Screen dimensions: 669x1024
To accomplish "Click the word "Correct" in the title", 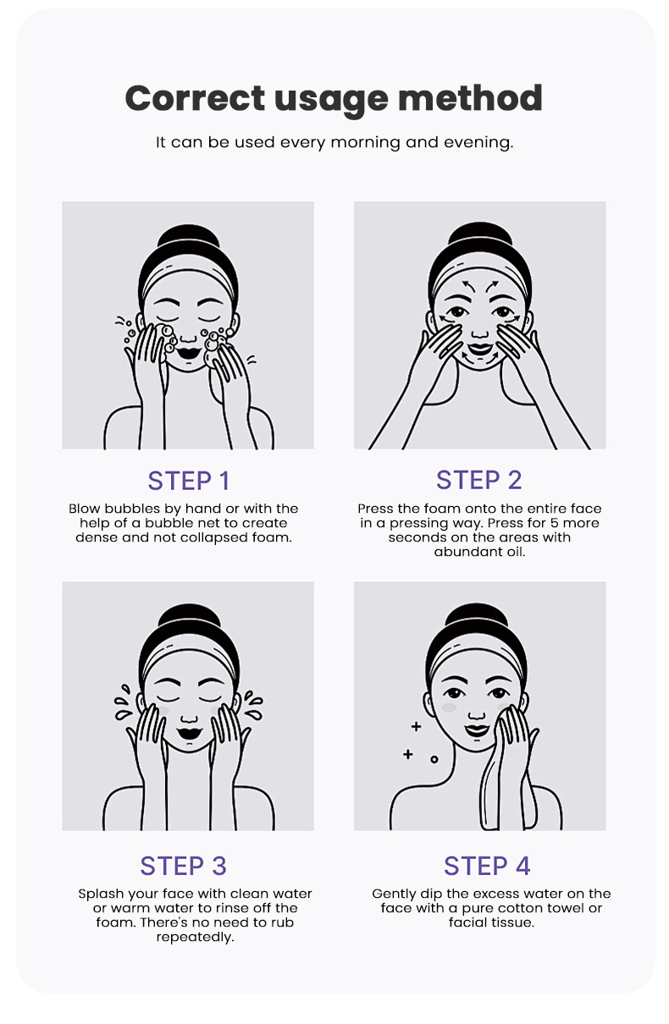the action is [x=195, y=98].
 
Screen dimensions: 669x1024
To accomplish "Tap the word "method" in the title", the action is [x=470, y=98].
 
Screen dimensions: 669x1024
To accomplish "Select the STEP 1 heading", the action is [x=189, y=481].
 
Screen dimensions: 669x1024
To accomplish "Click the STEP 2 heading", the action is [x=479, y=480].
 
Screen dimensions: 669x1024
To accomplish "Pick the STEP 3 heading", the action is [x=184, y=866].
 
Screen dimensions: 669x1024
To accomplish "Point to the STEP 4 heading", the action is [x=487, y=866].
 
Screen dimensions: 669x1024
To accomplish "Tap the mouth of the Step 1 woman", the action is [x=188, y=353].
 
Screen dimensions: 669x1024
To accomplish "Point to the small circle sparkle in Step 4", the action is [x=434, y=759].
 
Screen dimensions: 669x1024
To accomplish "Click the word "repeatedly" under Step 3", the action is [x=195, y=938].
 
